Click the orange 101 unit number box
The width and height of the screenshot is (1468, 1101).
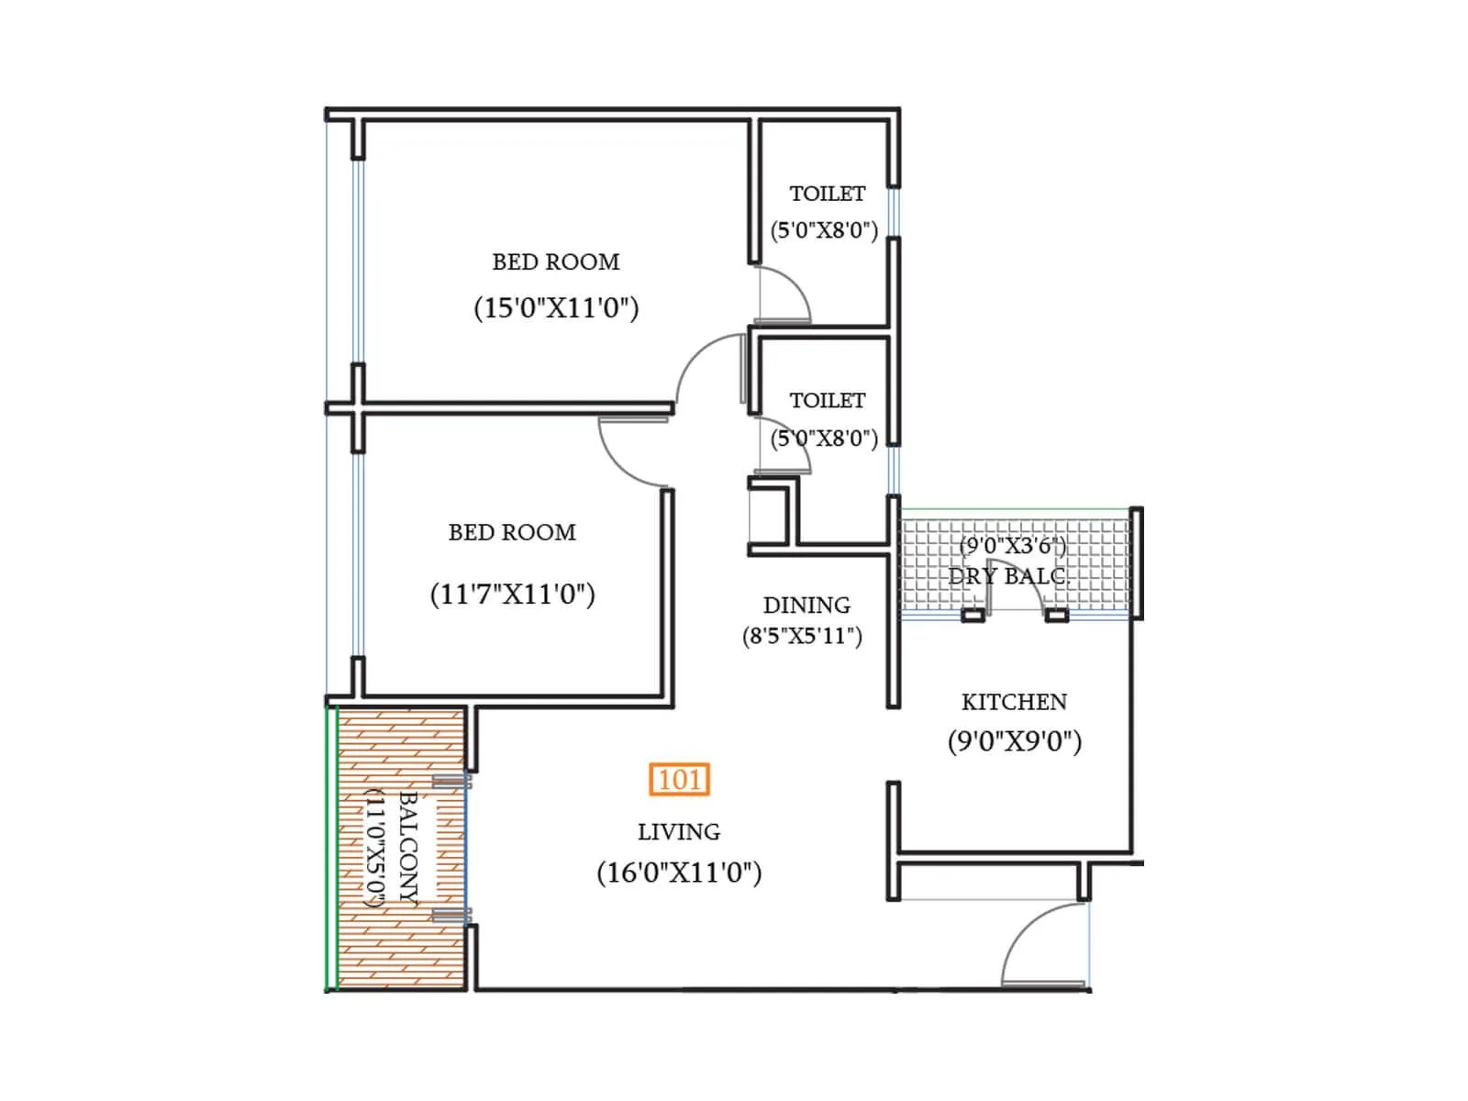pyautogui.click(x=679, y=780)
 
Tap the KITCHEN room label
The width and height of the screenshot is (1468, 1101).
pyautogui.click(x=1014, y=702)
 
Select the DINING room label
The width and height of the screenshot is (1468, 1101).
pyautogui.click(x=806, y=606)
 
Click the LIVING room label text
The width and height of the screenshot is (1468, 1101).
pyautogui.click(x=679, y=832)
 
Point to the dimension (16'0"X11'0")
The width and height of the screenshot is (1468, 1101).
pyautogui.click(x=679, y=872)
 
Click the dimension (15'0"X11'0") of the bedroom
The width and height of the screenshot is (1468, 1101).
pyautogui.click(x=556, y=307)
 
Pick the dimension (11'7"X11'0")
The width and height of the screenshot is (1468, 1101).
pyautogui.click(x=512, y=595)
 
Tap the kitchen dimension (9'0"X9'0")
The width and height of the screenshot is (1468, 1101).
pyautogui.click(x=1014, y=741)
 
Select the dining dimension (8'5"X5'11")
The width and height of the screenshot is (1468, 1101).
pyautogui.click(x=802, y=636)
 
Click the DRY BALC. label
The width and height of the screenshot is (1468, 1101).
pyautogui.click(x=1009, y=577)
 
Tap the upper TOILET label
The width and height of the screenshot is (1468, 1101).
pyautogui.click(x=828, y=194)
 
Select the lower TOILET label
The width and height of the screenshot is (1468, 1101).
pyautogui.click(x=828, y=401)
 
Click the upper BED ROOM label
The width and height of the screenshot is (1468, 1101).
pyautogui.click(x=556, y=262)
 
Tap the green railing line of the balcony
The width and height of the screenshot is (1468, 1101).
pyautogui.click(x=328, y=849)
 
